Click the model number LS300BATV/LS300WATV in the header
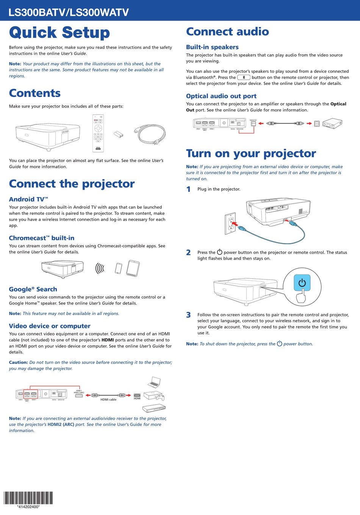(69, 13)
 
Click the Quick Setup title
(59, 33)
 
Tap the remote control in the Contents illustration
(98, 133)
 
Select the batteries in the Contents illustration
(119, 134)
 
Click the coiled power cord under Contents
(151, 134)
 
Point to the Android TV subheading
(28, 199)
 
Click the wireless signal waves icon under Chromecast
(100, 268)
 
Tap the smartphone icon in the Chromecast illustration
(119, 268)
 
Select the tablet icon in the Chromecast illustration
(133, 268)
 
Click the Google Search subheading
(33, 289)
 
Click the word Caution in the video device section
(18, 363)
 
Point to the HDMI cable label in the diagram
(108, 399)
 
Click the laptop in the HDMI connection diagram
(154, 382)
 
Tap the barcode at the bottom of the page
(28, 498)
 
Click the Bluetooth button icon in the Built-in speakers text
(244, 77)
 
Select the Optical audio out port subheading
(221, 96)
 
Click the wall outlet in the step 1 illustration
(230, 223)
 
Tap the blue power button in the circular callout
(302, 283)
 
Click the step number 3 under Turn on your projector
(188, 315)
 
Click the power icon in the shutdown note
(280, 344)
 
